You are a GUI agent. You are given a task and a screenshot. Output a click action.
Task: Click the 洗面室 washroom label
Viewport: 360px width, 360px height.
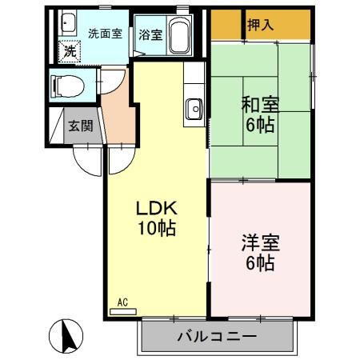point(105,34)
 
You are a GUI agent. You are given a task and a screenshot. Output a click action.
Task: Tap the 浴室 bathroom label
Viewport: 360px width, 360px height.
point(149,34)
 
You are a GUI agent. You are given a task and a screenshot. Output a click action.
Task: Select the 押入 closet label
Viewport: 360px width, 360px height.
point(260,25)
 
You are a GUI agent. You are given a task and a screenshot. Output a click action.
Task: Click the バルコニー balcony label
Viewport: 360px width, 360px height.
point(216,336)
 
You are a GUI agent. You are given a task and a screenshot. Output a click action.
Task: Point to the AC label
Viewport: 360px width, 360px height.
point(122,302)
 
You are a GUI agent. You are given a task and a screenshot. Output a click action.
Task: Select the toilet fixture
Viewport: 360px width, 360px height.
point(64,82)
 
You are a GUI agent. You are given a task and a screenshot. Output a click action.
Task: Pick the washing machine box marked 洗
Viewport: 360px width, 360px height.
point(70,50)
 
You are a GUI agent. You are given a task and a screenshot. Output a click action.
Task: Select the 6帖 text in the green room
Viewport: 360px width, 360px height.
point(261,125)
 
